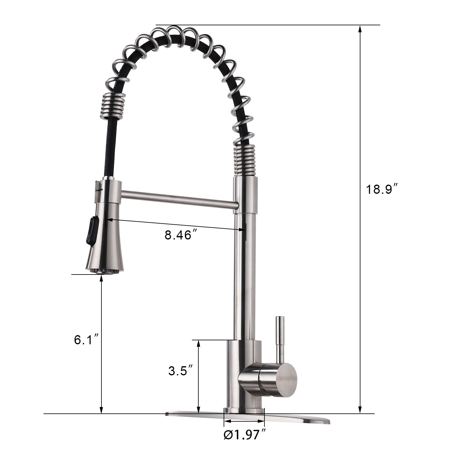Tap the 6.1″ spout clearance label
[87, 340]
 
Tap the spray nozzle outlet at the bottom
[101, 271]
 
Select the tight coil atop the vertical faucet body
[245, 160]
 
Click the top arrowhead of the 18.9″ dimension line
[360, 29]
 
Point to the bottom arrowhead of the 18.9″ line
[360, 410]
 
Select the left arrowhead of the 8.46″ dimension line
[109, 220]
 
